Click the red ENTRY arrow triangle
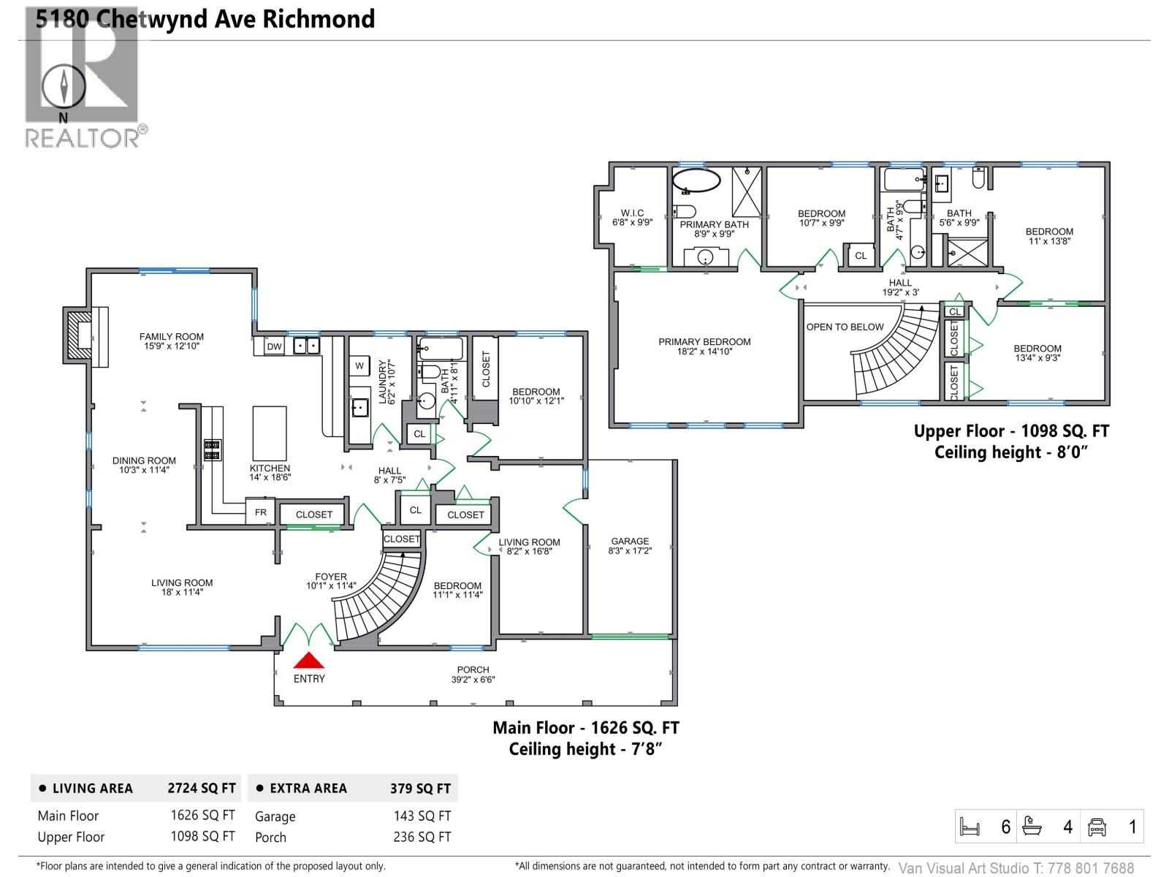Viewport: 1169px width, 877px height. (x=308, y=661)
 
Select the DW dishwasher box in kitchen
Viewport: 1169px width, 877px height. (x=274, y=346)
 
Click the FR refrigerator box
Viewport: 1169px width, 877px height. (x=260, y=512)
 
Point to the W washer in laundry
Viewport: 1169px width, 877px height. (x=359, y=365)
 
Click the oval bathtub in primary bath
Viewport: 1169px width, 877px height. (x=696, y=181)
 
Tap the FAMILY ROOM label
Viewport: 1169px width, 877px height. (x=172, y=337)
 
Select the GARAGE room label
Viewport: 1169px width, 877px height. (x=629, y=542)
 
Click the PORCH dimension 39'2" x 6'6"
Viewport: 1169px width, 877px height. (x=473, y=680)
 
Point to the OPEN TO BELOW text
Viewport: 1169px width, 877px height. (x=845, y=327)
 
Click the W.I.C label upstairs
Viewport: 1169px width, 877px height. (x=632, y=213)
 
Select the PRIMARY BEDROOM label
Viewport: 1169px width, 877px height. (x=704, y=341)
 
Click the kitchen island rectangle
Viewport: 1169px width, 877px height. (x=269, y=433)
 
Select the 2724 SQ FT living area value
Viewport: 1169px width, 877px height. (x=202, y=789)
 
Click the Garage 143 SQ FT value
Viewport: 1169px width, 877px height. (x=422, y=816)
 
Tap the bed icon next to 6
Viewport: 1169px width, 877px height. (x=970, y=827)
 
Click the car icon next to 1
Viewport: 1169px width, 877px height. (x=1097, y=827)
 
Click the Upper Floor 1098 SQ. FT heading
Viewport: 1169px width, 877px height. (x=1011, y=431)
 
